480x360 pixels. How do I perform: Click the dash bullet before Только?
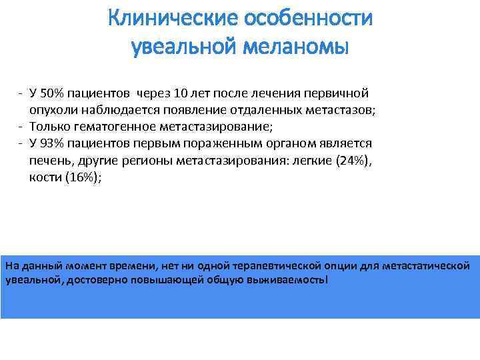(x=21, y=127)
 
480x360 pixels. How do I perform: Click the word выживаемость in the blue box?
(x=291, y=280)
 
